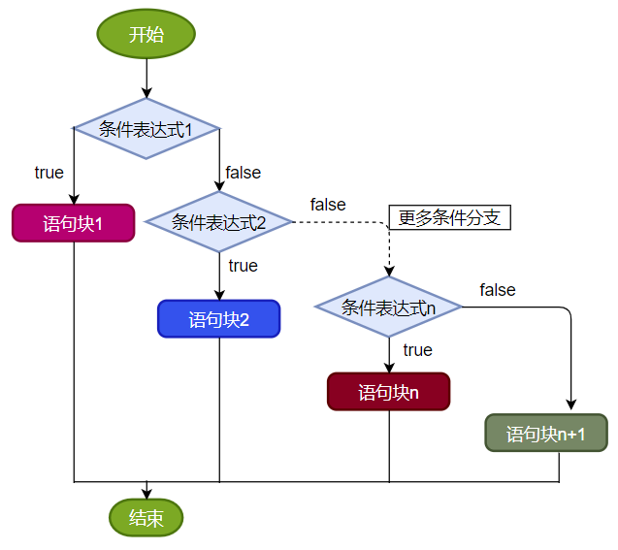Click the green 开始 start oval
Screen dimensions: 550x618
tap(146, 35)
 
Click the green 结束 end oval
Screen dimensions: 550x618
tap(146, 517)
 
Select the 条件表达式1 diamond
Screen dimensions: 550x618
tap(146, 128)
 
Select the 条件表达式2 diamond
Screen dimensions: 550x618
tap(219, 221)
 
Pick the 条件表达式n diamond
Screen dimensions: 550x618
tap(389, 307)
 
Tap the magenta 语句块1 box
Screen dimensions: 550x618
tap(73, 223)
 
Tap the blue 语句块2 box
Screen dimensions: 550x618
tap(219, 319)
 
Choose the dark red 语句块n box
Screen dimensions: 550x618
tap(389, 392)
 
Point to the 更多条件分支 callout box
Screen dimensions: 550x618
tap(449, 217)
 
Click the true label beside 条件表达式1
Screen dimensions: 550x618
tap(49, 173)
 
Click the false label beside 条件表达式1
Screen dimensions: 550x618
tap(243, 173)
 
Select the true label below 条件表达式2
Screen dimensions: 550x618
tap(243, 266)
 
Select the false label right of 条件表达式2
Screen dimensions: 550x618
tap(328, 205)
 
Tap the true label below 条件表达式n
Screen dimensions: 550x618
tap(417, 350)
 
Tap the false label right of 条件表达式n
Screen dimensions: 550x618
tap(497, 290)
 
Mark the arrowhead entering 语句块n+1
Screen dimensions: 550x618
tap(570, 407)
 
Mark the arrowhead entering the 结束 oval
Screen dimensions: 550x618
tap(146, 493)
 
